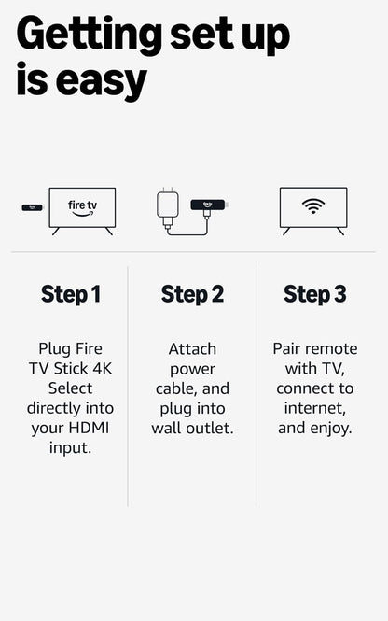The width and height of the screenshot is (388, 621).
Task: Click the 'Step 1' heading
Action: tap(70, 294)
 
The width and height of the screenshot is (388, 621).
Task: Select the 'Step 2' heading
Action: tap(192, 294)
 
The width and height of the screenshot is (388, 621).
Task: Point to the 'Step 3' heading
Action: tap(314, 294)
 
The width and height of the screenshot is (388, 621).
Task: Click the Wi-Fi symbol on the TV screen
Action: tap(313, 205)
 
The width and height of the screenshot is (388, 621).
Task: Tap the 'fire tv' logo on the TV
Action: tap(82, 206)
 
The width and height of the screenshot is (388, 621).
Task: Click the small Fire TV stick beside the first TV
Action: tap(32, 206)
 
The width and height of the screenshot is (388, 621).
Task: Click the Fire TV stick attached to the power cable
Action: tap(210, 204)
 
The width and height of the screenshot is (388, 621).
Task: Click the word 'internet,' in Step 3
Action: tap(313, 408)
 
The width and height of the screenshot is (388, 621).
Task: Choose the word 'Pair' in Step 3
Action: tap(289, 347)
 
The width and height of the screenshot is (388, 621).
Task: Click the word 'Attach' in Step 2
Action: tap(192, 348)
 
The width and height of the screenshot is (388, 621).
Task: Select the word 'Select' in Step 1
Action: tap(70, 388)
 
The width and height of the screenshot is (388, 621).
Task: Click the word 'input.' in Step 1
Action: tap(70, 447)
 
